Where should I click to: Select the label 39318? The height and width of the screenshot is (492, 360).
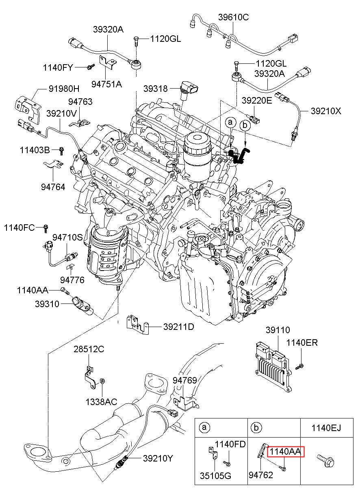coord(156,88)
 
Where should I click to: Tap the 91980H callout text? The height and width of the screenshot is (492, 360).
coord(64,89)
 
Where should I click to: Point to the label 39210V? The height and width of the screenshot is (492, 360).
coord(61,113)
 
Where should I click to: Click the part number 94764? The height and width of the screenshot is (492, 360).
coord(53,187)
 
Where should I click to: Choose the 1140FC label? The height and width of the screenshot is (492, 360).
coord(20,228)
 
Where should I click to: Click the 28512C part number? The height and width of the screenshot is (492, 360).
coord(89,349)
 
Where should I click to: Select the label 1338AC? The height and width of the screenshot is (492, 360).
coord(101,402)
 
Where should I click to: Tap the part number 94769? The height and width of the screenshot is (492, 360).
coord(185,381)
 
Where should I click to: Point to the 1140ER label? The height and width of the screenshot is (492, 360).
coord(302,342)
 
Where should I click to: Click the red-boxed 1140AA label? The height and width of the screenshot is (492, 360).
coord(286,451)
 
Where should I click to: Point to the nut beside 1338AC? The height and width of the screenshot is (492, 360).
coord(102,381)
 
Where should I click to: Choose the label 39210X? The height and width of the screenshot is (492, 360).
coord(326,111)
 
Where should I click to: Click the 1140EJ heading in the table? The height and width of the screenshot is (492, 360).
coord(326,427)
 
